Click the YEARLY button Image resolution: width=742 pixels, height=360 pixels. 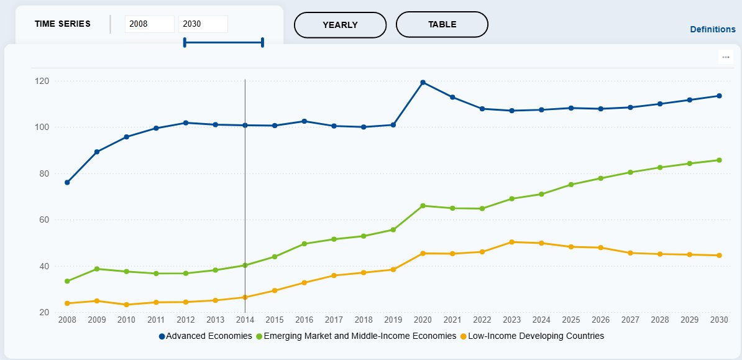pos(341,25)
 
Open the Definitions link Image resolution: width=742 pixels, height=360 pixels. pos(713,29)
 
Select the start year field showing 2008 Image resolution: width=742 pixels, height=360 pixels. pos(150,24)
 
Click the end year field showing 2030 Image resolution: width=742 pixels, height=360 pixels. pos(203,24)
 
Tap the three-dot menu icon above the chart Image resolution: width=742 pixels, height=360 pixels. pos(725,57)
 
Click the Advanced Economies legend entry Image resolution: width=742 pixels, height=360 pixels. pos(205,336)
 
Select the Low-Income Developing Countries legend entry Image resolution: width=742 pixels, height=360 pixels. pos(532,336)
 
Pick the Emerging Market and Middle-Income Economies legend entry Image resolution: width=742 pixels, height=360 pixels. pos(356,336)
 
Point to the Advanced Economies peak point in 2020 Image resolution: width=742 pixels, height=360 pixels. pos(423,83)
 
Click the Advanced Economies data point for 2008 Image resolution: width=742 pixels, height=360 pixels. pos(67,182)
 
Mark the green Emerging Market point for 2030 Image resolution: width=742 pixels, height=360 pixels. pos(719,160)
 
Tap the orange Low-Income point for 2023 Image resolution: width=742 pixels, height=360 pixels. pos(511,242)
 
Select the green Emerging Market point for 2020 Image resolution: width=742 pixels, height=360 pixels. pos(423,206)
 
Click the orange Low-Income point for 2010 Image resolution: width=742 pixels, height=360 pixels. pos(126,305)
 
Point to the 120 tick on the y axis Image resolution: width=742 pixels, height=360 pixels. pos(42,81)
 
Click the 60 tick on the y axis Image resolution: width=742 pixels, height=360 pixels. pos(45,219)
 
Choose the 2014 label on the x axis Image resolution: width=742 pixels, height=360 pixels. pos(245,320)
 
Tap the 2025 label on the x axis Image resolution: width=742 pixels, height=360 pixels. pos(570,320)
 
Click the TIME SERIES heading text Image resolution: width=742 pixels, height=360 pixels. pos(63,24)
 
